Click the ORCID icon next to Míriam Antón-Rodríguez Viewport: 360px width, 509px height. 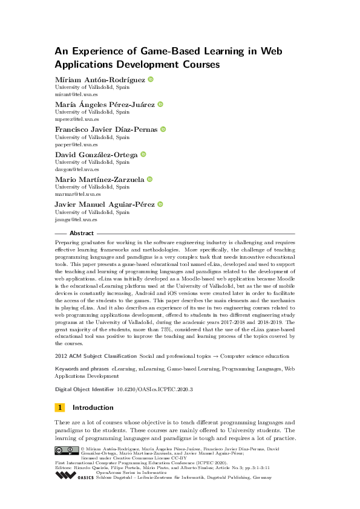pyautogui.click(x=151, y=79)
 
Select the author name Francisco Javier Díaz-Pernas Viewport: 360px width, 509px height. pyautogui.click(x=106, y=129)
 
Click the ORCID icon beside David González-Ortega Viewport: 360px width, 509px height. pyautogui.click(x=143, y=155)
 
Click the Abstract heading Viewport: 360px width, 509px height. pyautogui.click(x=82, y=233)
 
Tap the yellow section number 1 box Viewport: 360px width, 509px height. pyautogui.click(x=60, y=407)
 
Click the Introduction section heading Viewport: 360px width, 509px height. pyautogui.click(x=93, y=407)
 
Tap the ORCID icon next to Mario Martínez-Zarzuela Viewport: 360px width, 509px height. pyautogui.click(x=149, y=180)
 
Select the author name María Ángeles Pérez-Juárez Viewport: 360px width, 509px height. pyautogui.click(x=105, y=105)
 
